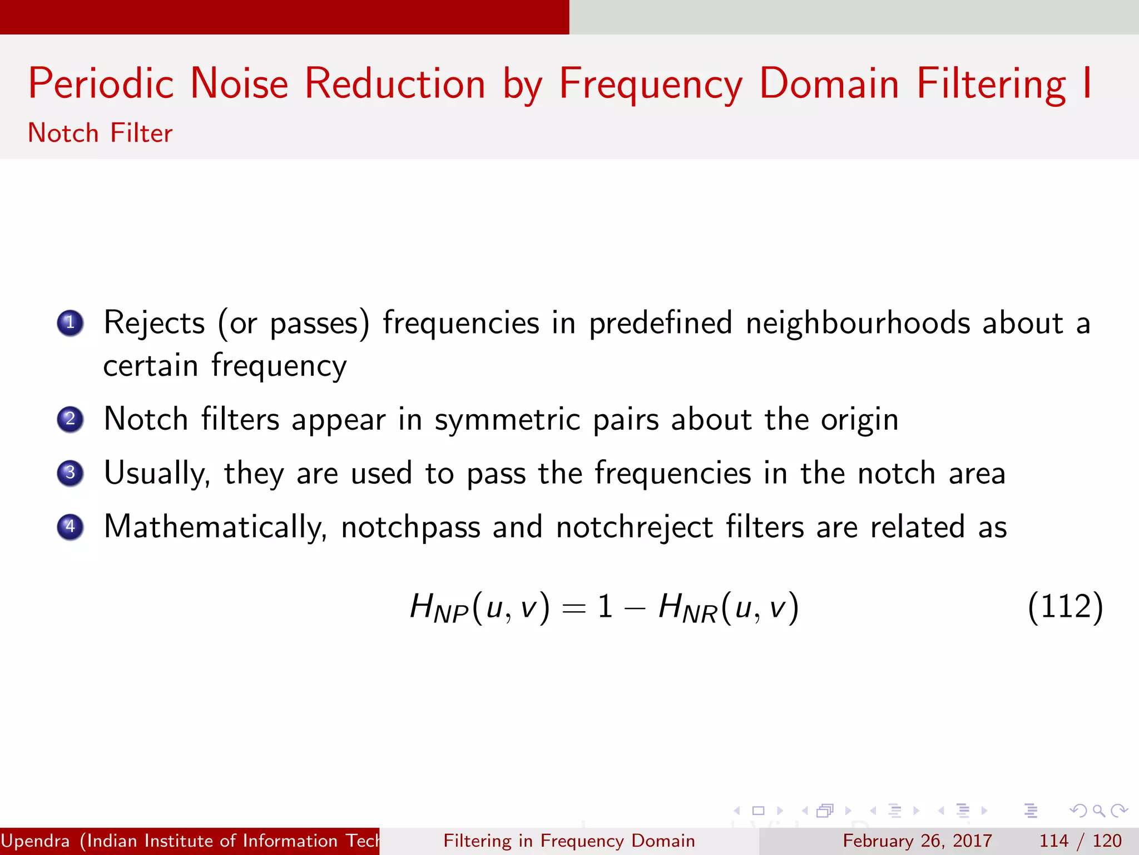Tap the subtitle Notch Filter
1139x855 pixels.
[x=100, y=134]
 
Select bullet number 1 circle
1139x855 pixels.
[x=70, y=323]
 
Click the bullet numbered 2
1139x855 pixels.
[x=70, y=419]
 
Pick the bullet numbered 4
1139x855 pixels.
[x=70, y=527]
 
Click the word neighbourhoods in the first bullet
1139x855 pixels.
[x=857, y=323]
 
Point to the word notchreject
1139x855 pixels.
[x=634, y=527]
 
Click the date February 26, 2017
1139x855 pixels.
[x=917, y=841]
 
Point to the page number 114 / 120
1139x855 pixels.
[x=1080, y=841]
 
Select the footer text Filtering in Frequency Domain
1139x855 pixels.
[x=569, y=841]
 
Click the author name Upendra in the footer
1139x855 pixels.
[x=36, y=841]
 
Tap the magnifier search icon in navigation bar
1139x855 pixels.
[x=1098, y=810]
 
